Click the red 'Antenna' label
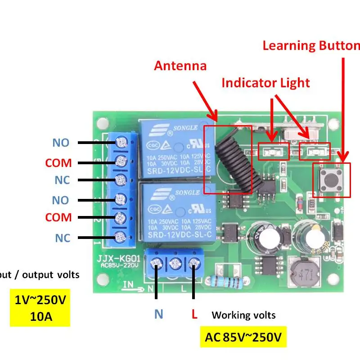(x=180, y=66)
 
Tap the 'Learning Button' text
(x=311, y=45)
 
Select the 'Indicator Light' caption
(x=265, y=83)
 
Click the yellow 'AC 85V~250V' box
(x=243, y=337)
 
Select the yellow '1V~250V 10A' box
(x=40, y=307)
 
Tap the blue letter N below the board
(x=158, y=314)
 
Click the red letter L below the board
(x=194, y=314)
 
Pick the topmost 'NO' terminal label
(x=61, y=143)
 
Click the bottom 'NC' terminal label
(x=63, y=238)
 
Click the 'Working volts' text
(x=243, y=315)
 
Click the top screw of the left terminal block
(x=121, y=143)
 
